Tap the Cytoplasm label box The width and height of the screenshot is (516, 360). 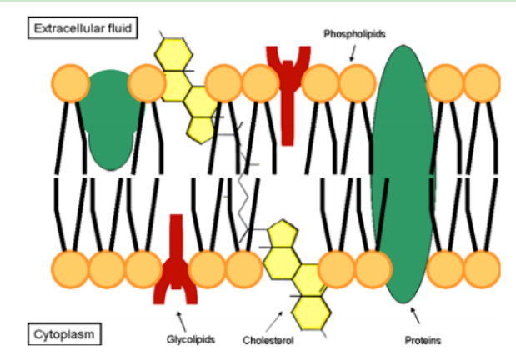coord(64,335)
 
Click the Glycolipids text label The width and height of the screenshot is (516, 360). coord(188,339)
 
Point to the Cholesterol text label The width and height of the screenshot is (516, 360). coord(268,340)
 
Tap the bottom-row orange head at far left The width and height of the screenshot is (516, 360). coord(70,268)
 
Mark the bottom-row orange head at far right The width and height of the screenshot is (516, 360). coord(482,268)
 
